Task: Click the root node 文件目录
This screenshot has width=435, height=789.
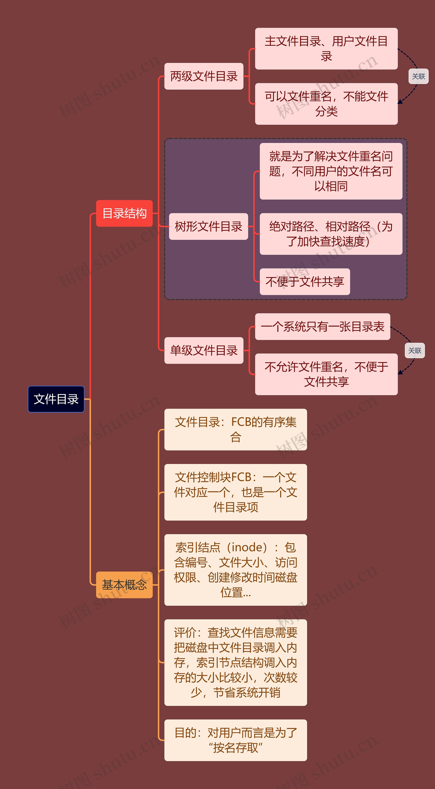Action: [x=56, y=399]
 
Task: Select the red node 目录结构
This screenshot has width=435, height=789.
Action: [x=124, y=214]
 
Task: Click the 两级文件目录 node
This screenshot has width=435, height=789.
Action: [x=204, y=76]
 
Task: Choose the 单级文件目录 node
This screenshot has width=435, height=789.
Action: [x=204, y=350]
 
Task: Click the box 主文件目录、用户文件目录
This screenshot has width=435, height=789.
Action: [x=326, y=49]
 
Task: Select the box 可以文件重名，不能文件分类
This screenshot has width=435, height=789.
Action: [x=326, y=104]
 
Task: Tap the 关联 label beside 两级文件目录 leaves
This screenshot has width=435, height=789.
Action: [x=419, y=76]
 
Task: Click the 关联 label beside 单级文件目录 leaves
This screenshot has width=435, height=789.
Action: [x=415, y=350]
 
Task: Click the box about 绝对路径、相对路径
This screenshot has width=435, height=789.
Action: [x=331, y=234]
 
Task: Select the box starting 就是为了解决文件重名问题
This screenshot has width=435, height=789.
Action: [x=331, y=171]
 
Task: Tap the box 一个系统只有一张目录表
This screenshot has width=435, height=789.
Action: [x=323, y=327]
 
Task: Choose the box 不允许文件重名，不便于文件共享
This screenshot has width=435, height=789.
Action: [x=326, y=374]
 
